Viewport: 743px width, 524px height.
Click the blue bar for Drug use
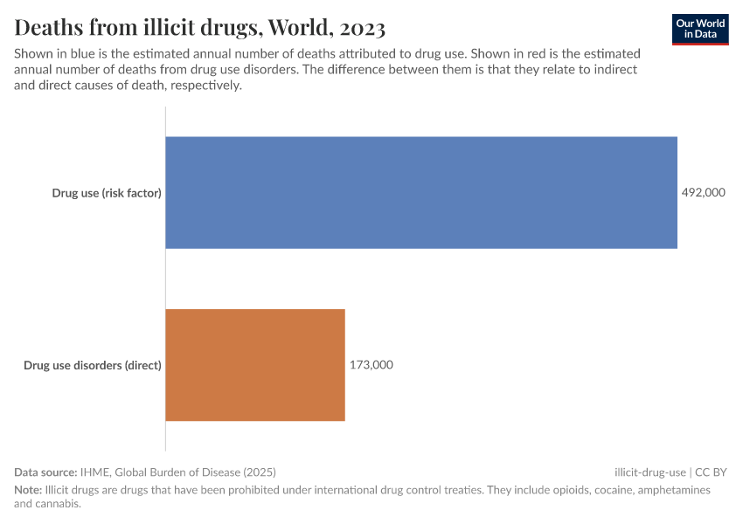click(421, 192)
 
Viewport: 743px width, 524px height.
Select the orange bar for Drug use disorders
click(255, 365)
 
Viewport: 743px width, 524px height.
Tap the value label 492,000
click(704, 193)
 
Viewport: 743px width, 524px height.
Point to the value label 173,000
click(371, 365)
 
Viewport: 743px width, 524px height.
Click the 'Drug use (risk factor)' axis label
click(107, 193)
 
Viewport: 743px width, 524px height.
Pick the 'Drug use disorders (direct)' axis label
click(93, 365)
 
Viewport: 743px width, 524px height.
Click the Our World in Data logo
click(700, 29)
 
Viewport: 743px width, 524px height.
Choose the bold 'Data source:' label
click(45, 472)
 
